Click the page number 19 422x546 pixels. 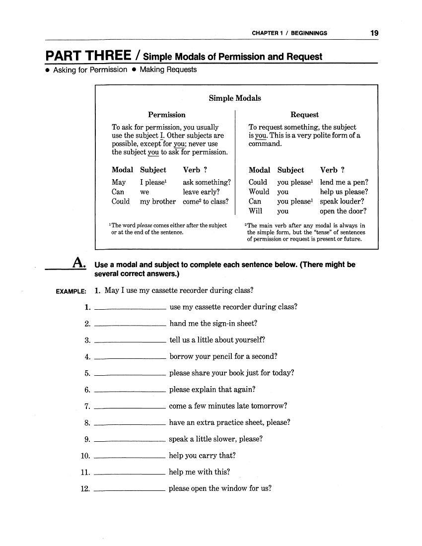pyautogui.click(x=374, y=33)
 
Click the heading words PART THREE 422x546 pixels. pyautogui.click(x=88, y=55)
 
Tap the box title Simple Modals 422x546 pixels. pyautogui.click(x=235, y=98)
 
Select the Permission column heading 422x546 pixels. pyautogui.click(x=167, y=115)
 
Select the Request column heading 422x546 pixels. pyautogui.click(x=304, y=115)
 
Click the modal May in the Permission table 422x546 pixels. pyautogui.click(x=119, y=182)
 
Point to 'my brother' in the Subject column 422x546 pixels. pyautogui.click(x=158, y=202)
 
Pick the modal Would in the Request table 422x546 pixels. pyautogui.click(x=259, y=192)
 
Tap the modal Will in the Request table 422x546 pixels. pyautogui.click(x=255, y=211)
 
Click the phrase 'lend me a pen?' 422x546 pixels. pyautogui.click(x=344, y=182)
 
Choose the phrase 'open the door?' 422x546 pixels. pyautogui.click(x=343, y=211)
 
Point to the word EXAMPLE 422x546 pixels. pyautogui.click(x=70, y=291)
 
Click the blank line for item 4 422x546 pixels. pyautogui.click(x=130, y=358)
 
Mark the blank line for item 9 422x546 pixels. pyautogui.click(x=130, y=441)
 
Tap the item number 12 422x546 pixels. pyautogui.click(x=84, y=489)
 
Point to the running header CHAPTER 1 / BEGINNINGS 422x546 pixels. pyautogui.click(x=289, y=33)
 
